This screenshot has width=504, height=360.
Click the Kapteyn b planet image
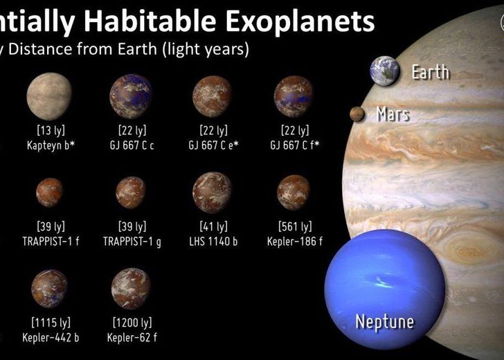pyautogui.click(x=48, y=96)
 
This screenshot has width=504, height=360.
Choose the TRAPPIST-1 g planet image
pyautogui.click(x=130, y=192)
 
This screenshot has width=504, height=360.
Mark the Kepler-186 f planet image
pyautogui.click(x=294, y=192)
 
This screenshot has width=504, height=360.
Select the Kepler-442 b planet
pyautogui.click(x=49, y=289)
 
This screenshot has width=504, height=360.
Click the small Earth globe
pyautogui.click(x=386, y=71)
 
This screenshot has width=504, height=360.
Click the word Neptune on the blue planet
pyautogui.click(x=384, y=321)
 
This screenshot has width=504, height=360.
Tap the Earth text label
pyautogui.click(x=431, y=71)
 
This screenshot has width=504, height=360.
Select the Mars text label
pyautogui.click(x=393, y=114)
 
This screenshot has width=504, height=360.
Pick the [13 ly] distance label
pyautogui.click(x=48, y=130)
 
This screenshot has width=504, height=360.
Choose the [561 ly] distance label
pyautogui.click(x=294, y=226)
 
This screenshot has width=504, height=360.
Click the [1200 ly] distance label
pyautogui.click(x=131, y=323)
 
